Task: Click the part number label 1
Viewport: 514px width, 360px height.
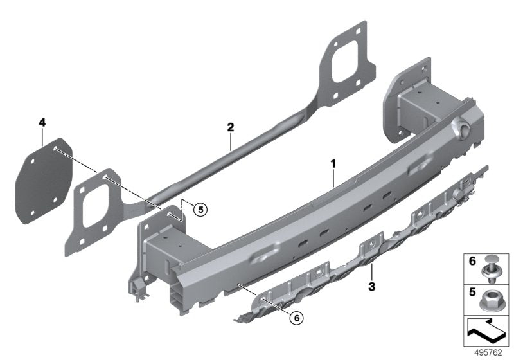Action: coord(333,165)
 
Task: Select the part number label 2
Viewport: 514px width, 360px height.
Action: coord(229,127)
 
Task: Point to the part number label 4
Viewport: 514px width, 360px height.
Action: coord(42,122)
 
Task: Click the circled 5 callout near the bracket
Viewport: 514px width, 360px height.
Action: coord(200,209)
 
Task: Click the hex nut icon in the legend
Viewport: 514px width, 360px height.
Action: coord(492,297)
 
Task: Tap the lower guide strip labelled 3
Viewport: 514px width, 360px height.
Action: coord(360,257)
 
